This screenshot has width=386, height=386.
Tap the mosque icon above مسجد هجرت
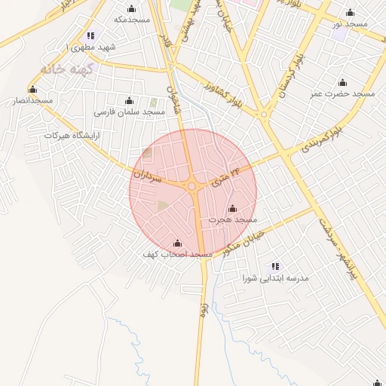click(x=231, y=208)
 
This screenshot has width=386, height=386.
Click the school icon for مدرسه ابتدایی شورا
click(x=275, y=266)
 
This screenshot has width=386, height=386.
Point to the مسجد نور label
click(x=350, y=24)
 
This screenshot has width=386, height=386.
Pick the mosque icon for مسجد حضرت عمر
click(x=343, y=82)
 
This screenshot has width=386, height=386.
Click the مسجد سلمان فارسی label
click(x=129, y=112)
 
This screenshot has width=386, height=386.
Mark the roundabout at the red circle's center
click(x=192, y=187)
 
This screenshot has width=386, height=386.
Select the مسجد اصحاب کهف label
click(x=178, y=255)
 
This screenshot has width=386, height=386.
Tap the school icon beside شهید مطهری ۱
click(x=90, y=35)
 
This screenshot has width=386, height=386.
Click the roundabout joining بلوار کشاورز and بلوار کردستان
click(x=263, y=115)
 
